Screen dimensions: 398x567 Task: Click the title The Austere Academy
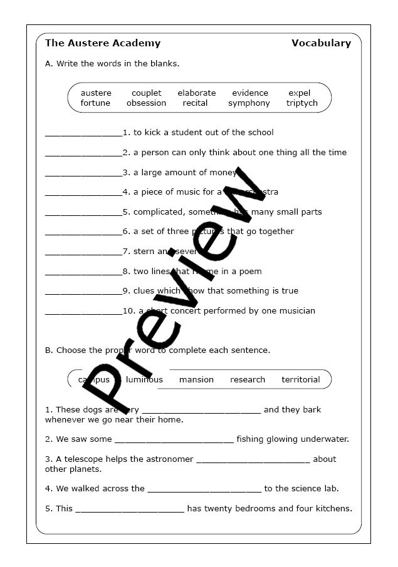tap(103, 43)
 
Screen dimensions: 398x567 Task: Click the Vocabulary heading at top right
tap(321, 43)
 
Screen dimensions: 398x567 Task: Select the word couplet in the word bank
tap(146, 93)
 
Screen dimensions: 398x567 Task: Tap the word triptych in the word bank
tap(302, 103)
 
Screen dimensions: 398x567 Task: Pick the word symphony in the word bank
tap(249, 103)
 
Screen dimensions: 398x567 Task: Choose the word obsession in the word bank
tap(146, 103)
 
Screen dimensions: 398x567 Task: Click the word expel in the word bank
tap(300, 93)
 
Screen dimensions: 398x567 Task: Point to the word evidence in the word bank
tap(250, 93)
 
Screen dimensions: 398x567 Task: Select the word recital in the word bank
tap(195, 103)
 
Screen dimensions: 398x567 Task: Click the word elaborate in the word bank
tap(196, 93)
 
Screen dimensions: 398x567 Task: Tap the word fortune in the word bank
tap(95, 103)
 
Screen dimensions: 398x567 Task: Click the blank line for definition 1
tap(83, 134)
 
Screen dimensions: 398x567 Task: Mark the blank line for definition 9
tap(83, 292)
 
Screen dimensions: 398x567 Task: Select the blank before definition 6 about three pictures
tap(83, 233)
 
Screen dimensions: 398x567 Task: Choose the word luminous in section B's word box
tap(144, 380)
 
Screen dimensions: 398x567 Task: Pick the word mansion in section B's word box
tap(196, 380)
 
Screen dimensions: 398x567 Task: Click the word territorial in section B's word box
tap(301, 380)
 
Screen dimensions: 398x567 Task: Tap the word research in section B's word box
tap(248, 380)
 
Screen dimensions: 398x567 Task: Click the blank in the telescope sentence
tap(253, 461)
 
